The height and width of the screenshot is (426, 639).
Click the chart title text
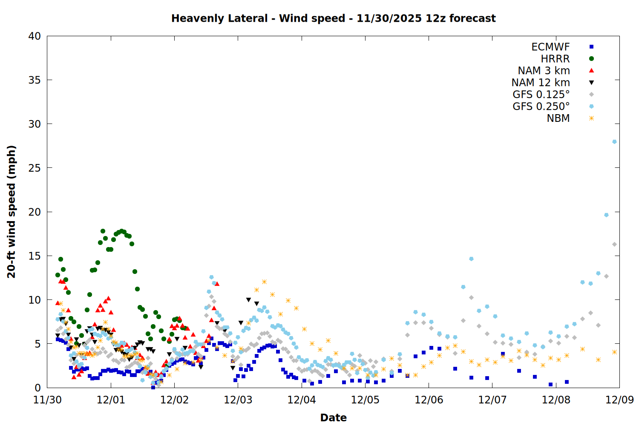333,18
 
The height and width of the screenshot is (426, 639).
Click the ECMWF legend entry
550,47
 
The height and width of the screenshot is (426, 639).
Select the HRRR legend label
555,59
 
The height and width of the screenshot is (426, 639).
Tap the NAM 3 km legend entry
544,71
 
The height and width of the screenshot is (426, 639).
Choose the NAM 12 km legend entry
541,83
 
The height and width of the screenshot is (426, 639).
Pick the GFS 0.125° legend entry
541,95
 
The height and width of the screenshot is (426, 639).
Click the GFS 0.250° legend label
541,106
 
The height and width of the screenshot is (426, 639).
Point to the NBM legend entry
558,118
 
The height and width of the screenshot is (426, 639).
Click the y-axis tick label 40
35,36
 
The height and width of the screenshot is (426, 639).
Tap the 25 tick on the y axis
35,168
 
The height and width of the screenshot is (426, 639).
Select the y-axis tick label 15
35,256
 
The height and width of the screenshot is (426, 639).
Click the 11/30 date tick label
47,400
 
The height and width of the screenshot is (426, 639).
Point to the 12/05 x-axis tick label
365,400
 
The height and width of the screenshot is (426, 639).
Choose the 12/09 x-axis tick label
619,400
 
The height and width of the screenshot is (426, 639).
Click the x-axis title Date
333,417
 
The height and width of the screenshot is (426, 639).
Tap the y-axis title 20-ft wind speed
12,212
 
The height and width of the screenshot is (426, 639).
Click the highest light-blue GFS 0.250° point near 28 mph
614,142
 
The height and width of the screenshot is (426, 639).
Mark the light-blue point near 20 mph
606,215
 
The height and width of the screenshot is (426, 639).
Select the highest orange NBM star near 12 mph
264,282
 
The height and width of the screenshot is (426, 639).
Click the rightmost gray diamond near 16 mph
614,245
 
